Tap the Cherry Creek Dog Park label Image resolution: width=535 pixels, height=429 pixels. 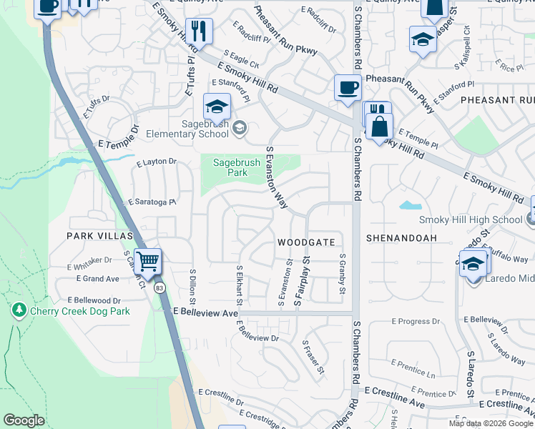[x=79, y=311]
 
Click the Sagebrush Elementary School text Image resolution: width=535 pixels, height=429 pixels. [x=187, y=128]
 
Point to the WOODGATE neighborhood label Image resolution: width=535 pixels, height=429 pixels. [x=306, y=242]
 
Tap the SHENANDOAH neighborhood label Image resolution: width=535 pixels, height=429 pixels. [x=401, y=237]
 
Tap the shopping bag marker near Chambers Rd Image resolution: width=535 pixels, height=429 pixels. [x=380, y=127]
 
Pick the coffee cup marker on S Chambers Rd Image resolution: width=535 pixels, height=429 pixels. [x=348, y=88]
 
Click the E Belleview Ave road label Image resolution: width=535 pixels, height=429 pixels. [x=206, y=313]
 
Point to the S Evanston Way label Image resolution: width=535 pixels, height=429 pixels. [x=276, y=179]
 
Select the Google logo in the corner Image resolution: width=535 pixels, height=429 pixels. [x=24, y=420]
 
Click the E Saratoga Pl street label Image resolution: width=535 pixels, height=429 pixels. [x=152, y=203]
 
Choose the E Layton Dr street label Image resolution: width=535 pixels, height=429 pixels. [x=156, y=162]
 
